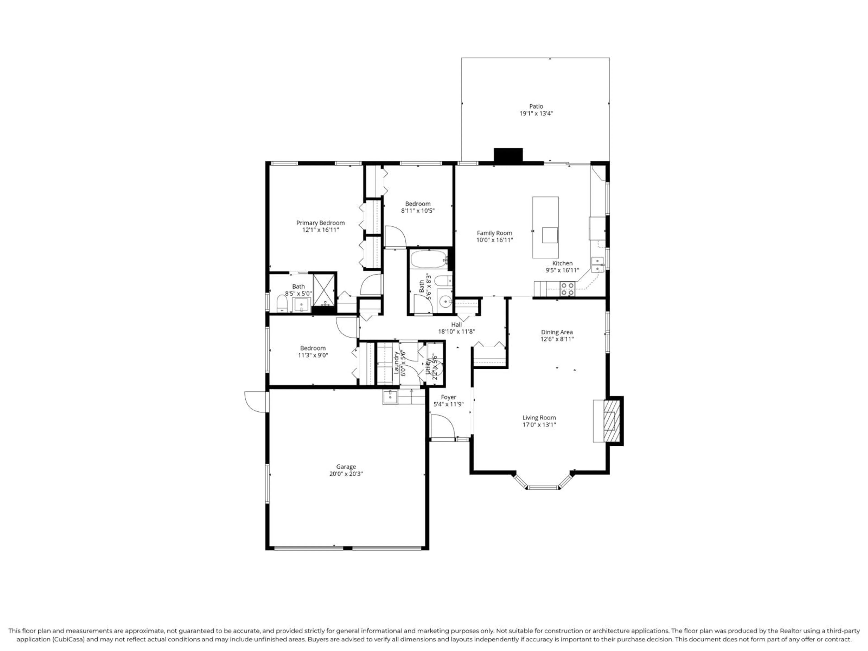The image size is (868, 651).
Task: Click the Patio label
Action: (x=536, y=106)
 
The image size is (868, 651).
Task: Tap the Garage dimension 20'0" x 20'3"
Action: (x=346, y=474)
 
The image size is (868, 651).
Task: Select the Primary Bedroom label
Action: (x=320, y=223)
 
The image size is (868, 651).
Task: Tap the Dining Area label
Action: (x=557, y=332)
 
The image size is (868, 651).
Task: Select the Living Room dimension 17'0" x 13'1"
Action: (x=539, y=425)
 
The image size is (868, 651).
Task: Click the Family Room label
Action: (x=494, y=233)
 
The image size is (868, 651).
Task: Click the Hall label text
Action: (x=456, y=325)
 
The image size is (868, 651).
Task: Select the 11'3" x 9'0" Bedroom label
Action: (x=313, y=348)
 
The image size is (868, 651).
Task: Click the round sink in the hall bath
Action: (x=445, y=301)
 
